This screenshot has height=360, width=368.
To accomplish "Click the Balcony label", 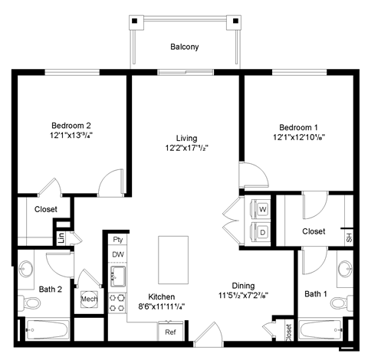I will click(184, 47).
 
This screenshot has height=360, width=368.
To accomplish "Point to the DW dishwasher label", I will click(117, 254).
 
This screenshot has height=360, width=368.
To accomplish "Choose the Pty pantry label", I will click(117, 239).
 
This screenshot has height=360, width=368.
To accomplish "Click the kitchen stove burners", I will click(118, 303).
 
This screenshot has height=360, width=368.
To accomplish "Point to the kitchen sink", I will click(118, 275).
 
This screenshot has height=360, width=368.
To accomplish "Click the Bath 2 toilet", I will click(33, 304).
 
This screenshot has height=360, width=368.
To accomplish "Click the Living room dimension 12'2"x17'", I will click(186, 147).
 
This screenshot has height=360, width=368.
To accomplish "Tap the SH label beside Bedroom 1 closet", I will click(349, 237).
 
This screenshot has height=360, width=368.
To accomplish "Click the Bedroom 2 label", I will click(71, 126).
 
